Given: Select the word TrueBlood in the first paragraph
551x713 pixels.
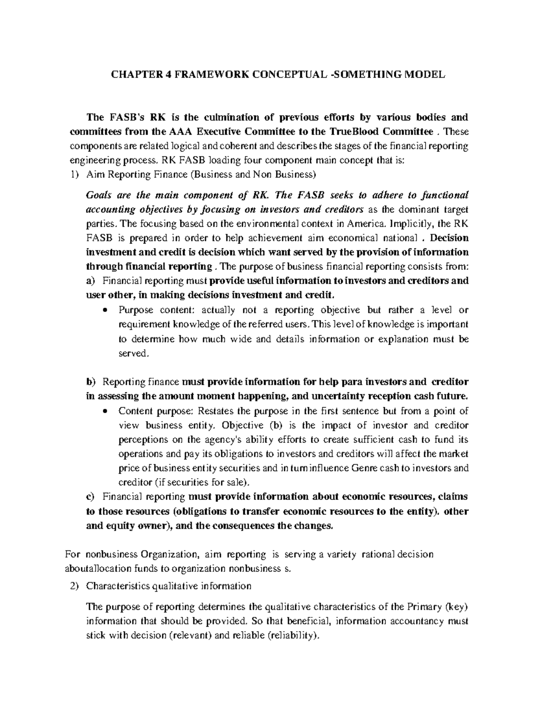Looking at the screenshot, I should (x=350, y=132).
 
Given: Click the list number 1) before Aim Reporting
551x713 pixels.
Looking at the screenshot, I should (x=74, y=174).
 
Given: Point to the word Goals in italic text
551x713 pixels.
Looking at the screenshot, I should (x=99, y=195).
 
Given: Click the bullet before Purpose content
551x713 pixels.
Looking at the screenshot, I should (x=106, y=310).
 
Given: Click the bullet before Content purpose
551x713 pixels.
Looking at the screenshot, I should (x=106, y=411).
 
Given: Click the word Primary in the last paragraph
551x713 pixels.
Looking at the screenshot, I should (x=424, y=607).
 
